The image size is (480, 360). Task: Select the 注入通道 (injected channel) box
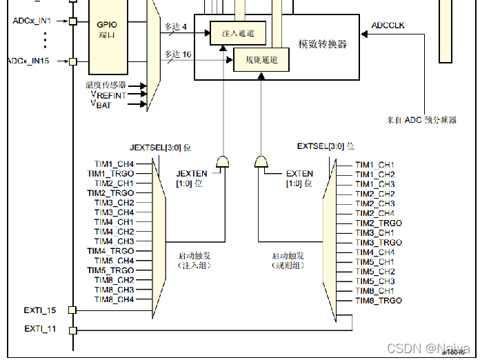click(238, 34)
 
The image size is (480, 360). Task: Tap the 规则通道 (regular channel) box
click(261, 60)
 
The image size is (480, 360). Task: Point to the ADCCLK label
click(388, 26)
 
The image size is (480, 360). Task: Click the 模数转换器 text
click(322, 44)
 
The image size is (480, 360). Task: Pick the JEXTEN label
click(192, 174)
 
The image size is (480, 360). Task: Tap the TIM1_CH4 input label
click(114, 164)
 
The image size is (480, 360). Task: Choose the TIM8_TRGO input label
click(378, 301)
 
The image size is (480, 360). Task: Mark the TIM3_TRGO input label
click(378, 243)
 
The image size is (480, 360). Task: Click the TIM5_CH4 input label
click(114, 261)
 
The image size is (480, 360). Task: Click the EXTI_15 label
click(40, 310)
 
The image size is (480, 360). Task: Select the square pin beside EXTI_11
click(72, 330)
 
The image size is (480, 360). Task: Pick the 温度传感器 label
click(106, 85)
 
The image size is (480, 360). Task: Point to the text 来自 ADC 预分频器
click(421, 120)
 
